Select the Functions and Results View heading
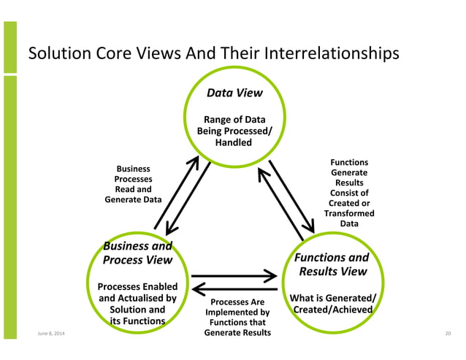tap(331, 264)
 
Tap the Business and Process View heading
tap(137, 253)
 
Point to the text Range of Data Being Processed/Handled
tap(234, 131)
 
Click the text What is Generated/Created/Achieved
tap(333, 304)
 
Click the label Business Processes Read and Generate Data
tap(134, 183)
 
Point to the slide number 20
tap(448, 334)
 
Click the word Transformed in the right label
tap(349, 213)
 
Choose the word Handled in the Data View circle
tap(234, 142)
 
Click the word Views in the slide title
tap(154, 54)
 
